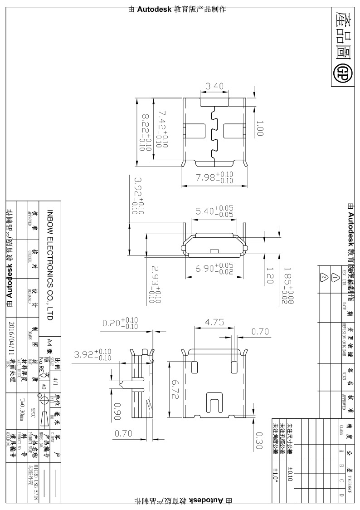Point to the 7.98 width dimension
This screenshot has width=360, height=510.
point(214,177)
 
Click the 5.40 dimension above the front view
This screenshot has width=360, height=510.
point(214,211)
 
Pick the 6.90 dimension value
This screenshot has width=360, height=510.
point(214,268)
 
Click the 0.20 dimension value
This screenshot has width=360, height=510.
point(120,323)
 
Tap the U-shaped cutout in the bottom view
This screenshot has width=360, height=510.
point(214,403)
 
